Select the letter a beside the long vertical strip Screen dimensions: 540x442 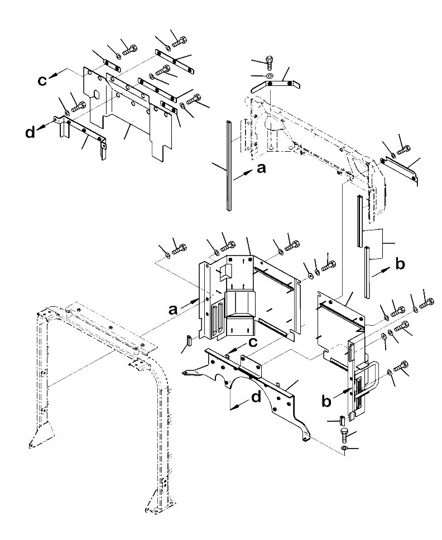coord(261,168)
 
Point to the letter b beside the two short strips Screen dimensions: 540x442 coord(400,265)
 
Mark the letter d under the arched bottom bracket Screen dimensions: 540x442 coord(256,398)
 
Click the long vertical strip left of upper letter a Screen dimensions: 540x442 coord(229,165)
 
